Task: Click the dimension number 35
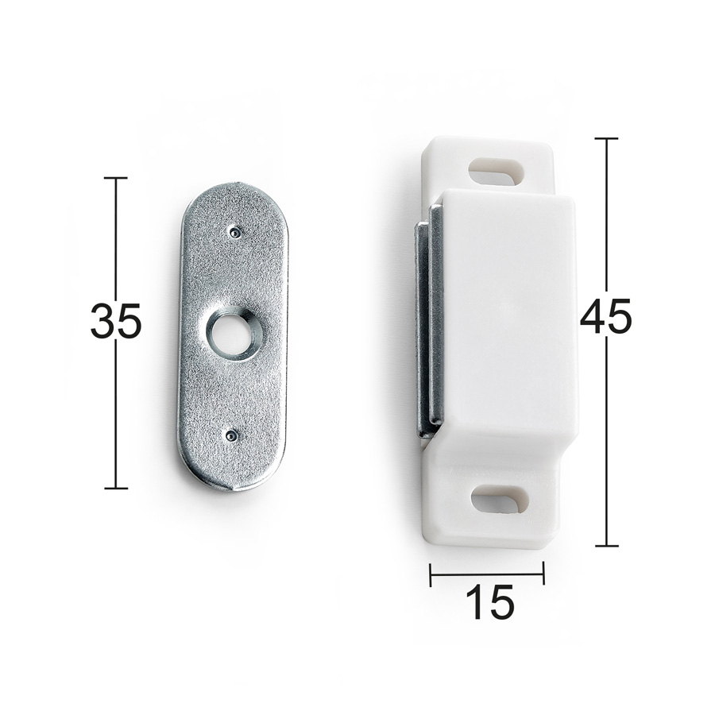pos(116,321)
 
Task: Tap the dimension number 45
pos(606,315)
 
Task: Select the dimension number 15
pos(489,602)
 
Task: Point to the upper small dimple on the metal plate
pos(234,233)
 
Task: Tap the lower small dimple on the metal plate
pos(231,436)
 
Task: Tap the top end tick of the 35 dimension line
pos(116,177)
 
